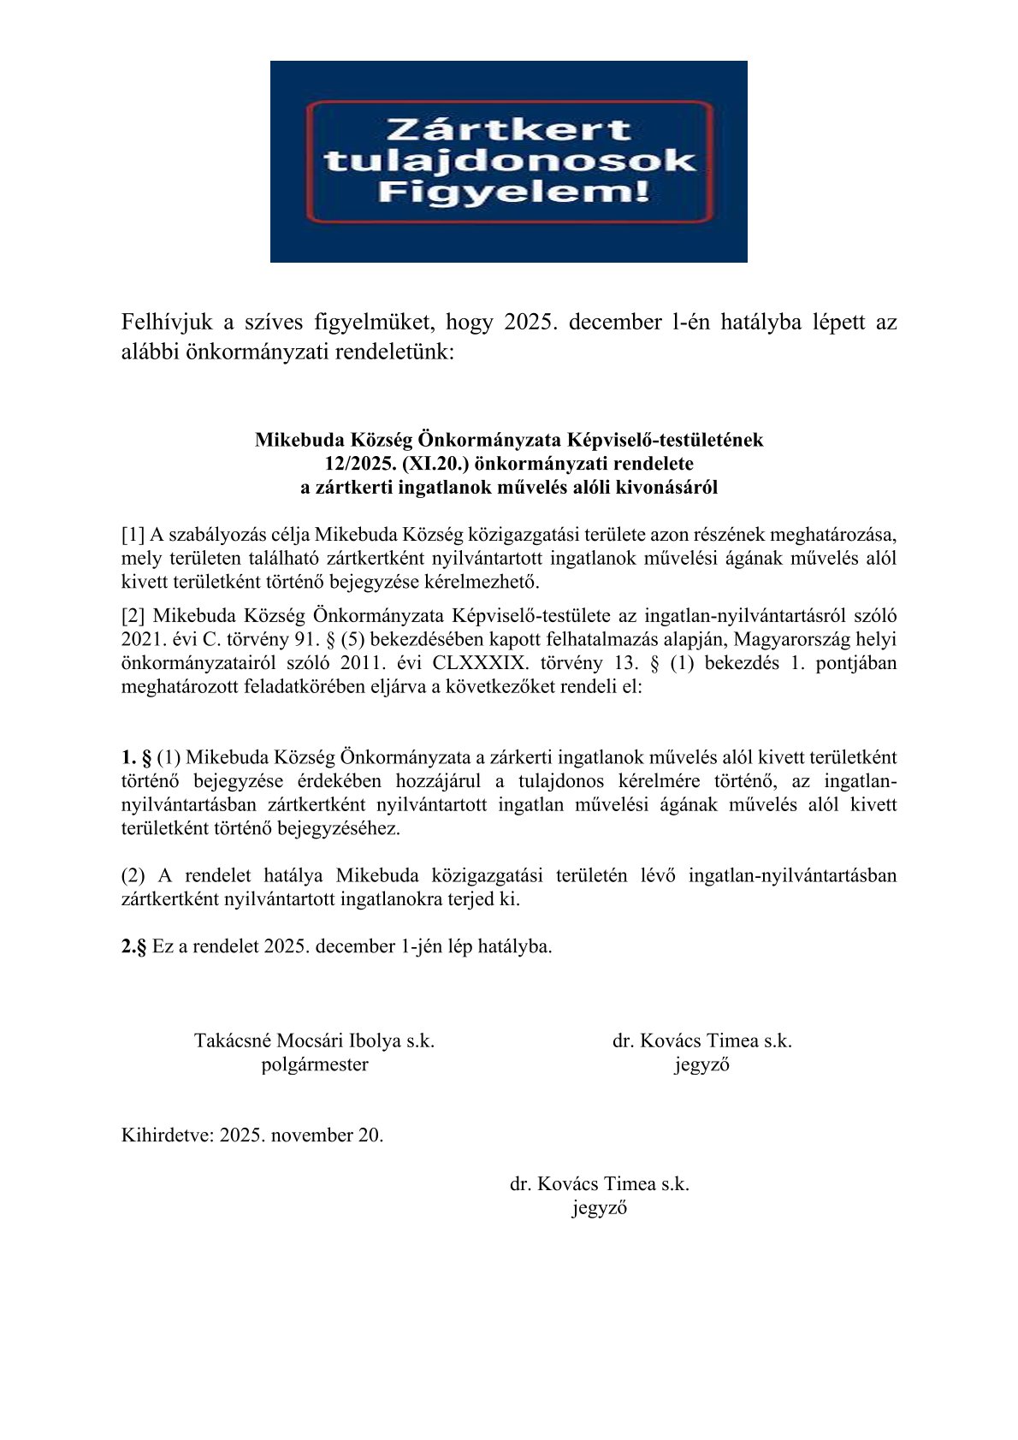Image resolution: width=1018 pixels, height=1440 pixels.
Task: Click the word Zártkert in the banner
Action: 508,130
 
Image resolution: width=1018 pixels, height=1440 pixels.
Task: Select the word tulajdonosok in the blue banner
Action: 510,161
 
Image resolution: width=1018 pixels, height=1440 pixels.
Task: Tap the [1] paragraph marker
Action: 133,536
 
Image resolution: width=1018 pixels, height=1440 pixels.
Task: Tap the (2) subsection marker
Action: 133,875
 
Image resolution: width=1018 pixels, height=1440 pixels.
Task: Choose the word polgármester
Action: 315,1065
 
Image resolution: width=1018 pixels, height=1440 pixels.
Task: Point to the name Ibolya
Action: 375,1041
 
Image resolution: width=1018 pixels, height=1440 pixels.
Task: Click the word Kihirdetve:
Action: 167,1135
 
